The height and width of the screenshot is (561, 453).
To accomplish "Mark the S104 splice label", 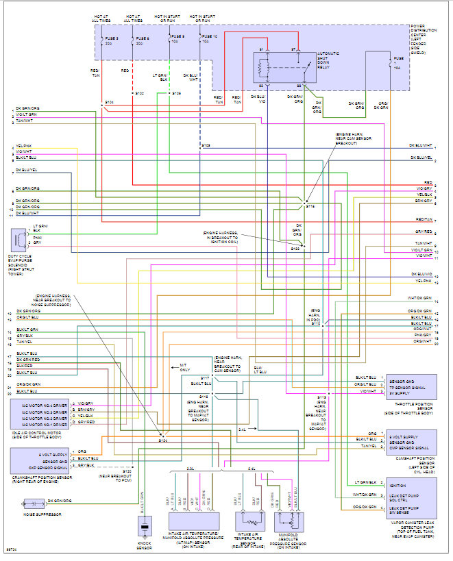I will (108, 101).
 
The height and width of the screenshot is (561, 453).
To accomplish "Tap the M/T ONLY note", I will (184, 367).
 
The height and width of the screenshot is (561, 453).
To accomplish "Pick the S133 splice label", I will (295, 249).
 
